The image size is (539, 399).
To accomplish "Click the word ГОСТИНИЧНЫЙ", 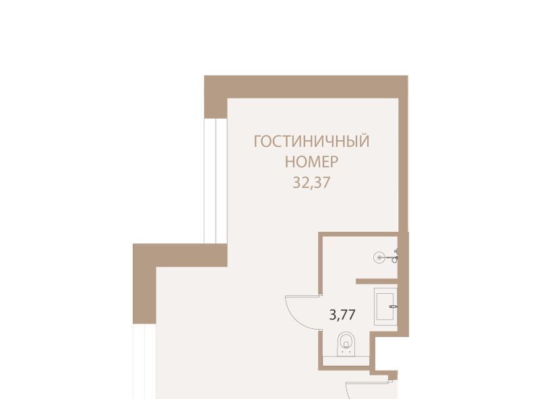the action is click(311, 142).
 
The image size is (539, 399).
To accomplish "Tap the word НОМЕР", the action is click(311, 162).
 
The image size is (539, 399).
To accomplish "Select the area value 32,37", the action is click(311, 183).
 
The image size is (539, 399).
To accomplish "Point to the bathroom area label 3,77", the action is click(342, 315).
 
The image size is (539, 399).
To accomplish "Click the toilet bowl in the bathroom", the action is click(346, 344).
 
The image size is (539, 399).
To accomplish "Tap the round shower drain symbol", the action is click(379, 257).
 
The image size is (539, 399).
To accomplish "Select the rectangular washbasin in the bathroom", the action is click(385, 307).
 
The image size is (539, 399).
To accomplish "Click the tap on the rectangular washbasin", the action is click(393, 306).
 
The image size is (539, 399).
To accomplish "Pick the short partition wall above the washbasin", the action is click(377, 281).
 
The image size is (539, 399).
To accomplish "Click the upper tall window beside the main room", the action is click(216, 181).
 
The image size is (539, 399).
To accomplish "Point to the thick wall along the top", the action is click(306, 87).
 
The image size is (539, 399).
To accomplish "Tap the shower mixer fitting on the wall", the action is click(393, 256).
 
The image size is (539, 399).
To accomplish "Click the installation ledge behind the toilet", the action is click(346, 361).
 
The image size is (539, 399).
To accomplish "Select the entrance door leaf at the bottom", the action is click(369, 381).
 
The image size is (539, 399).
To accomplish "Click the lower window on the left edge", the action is click(144, 361).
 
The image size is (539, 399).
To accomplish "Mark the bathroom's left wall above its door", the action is click(321, 264).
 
